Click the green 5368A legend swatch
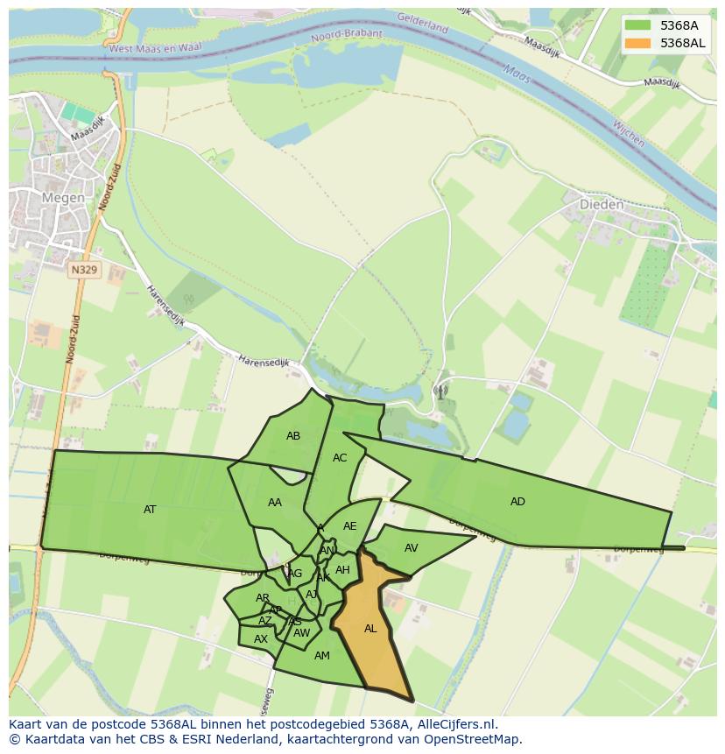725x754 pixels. click(639, 25)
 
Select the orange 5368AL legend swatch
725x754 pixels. click(639, 43)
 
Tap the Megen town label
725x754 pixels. click(64, 198)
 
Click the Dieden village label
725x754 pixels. click(602, 205)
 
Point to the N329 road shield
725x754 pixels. click(84, 271)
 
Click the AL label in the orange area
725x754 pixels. click(370, 629)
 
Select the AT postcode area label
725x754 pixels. click(150, 510)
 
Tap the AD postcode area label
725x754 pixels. click(517, 502)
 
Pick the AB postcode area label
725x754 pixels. click(293, 436)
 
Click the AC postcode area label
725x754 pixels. click(340, 458)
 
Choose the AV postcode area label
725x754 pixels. click(411, 548)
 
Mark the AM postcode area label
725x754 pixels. click(321, 656)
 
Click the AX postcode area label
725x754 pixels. click(260, 639)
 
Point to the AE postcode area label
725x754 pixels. click(349, 526)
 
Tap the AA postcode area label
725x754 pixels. click(275, 503)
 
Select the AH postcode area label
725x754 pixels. click(342, 570)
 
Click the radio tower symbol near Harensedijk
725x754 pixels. click(440, 391)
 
